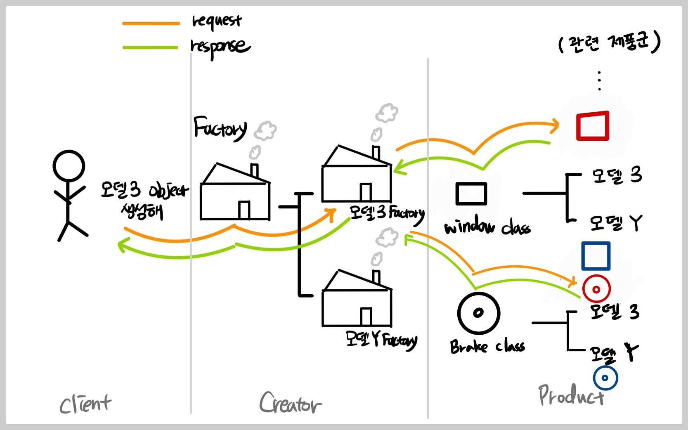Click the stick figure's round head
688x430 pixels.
[69, 166]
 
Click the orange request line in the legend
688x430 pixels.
[151, 24]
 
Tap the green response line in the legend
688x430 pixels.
[150, 47]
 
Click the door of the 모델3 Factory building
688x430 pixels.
[366, 192]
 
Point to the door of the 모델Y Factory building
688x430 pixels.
[366, 317]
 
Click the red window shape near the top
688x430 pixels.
[593, 126]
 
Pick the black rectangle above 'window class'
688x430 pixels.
[471, 194]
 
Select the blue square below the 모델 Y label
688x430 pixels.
[596, 256]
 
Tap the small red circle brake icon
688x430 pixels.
[596, 289]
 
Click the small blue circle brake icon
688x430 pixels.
[605, 378]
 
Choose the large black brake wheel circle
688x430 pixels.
[478, 313]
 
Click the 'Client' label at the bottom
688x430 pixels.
[85, 404]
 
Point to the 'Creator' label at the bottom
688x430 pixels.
[290, 403]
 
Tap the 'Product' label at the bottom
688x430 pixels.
[571, 396]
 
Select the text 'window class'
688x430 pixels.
[487, 227]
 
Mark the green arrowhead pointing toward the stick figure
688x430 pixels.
[122, 246]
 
